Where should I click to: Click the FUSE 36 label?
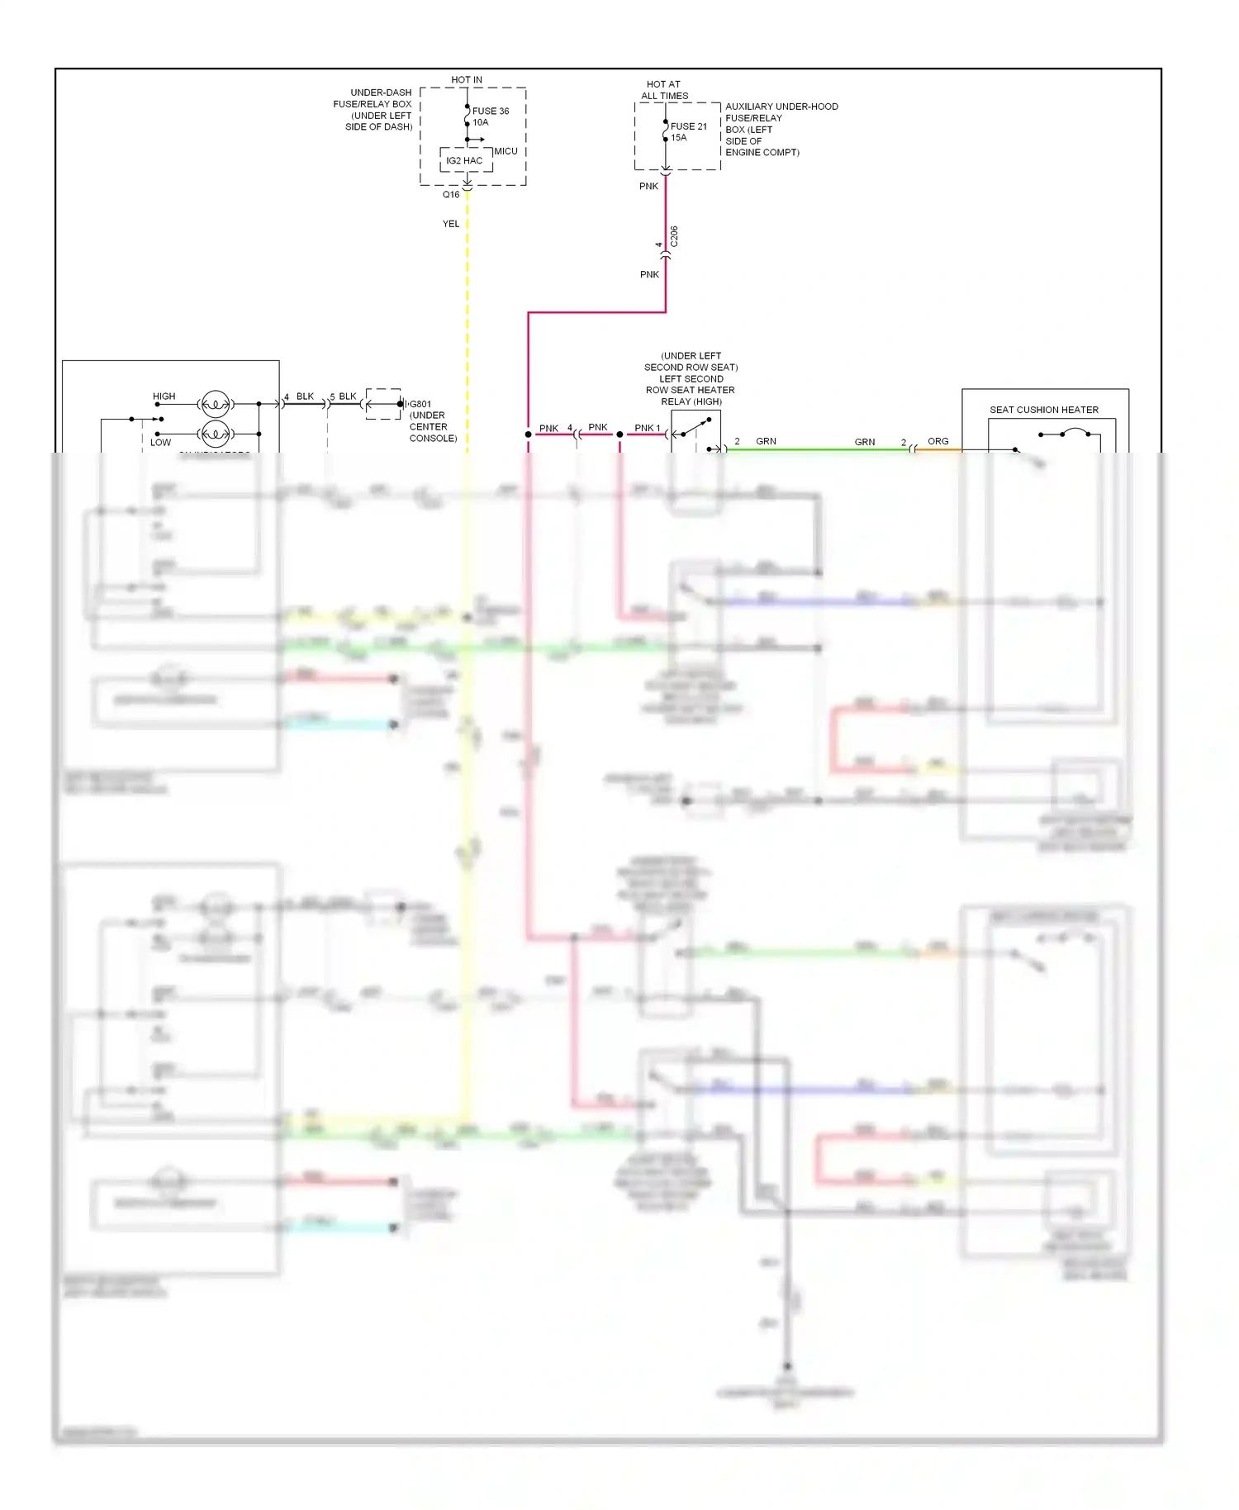[490, 111]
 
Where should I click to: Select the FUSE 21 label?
[688, 126]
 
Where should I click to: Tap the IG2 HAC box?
[465, 160]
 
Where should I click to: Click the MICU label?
[506, 151]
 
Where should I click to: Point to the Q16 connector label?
[451, 195]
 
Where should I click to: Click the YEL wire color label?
[451, 224]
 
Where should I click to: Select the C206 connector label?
[674, 236]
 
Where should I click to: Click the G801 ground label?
[420, 405]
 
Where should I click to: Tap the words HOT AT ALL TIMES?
[664, 90]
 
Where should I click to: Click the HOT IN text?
[467, 80]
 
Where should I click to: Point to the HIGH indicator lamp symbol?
[216, 404]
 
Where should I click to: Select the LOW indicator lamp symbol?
[216, 433]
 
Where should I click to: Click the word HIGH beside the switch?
[164, 396]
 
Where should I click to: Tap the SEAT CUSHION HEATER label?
[1044, 410]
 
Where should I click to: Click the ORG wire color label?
[938, 441]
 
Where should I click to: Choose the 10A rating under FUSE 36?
[481, 122]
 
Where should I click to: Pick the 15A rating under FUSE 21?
[679, 138]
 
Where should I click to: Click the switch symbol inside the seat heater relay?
[695, 429]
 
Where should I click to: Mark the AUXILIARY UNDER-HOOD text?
[781, 107]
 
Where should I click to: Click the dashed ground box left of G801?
[383, 404]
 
